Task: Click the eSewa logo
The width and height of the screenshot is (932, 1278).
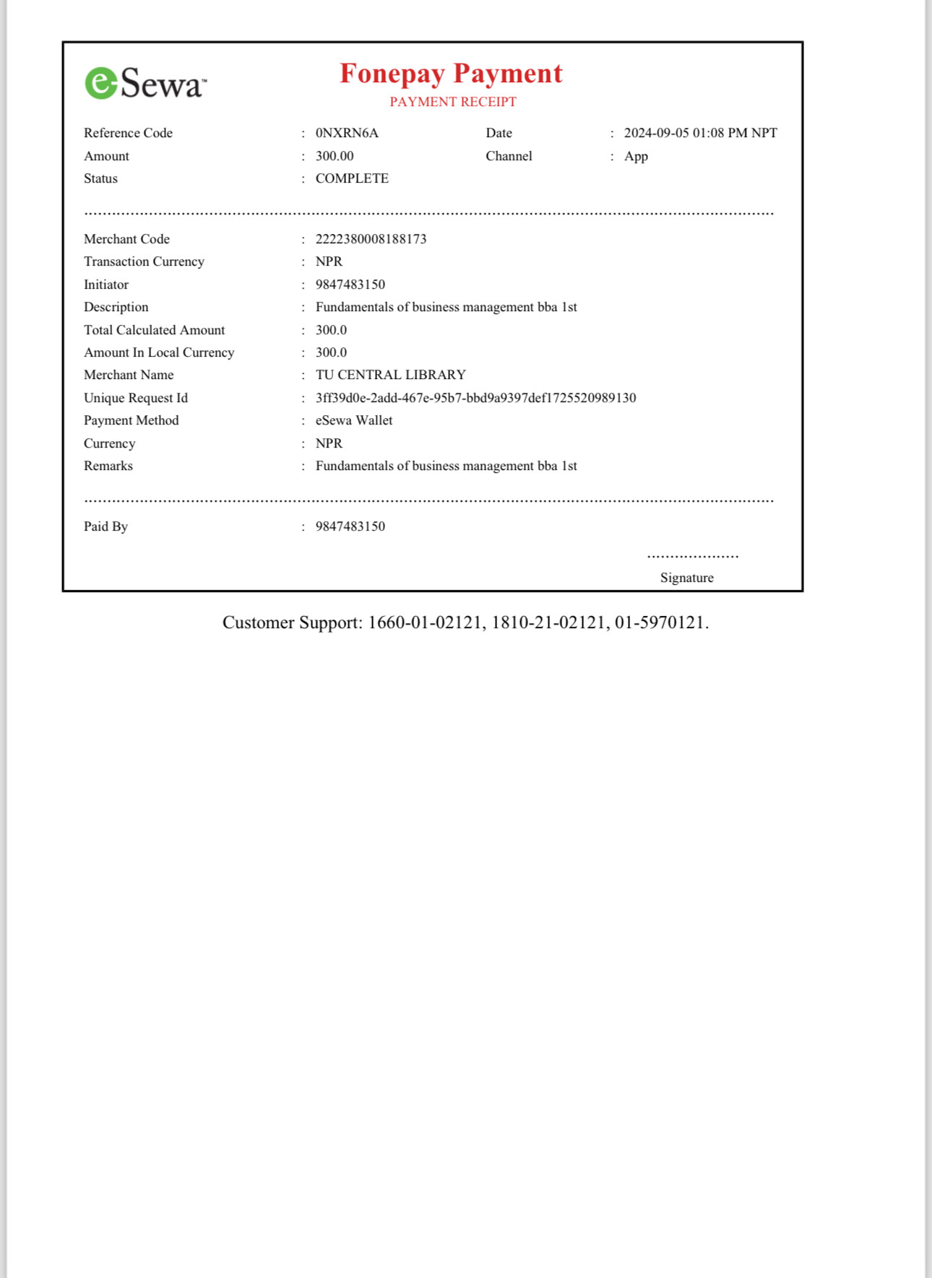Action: coord(145,83)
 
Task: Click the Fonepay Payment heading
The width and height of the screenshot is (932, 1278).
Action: coord(451,74)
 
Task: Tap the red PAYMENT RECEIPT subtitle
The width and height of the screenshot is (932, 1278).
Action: coord(453,102)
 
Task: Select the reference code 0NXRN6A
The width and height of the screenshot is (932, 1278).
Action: coord(347,133)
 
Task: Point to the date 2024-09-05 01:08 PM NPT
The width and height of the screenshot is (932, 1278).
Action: coord(700,133)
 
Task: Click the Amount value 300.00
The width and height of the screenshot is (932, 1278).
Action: coord(335,156)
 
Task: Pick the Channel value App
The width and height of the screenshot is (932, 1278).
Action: coord(636,156)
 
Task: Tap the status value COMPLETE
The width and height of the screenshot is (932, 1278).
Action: coord(352,178)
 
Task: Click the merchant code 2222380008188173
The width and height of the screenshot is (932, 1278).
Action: coord(371,239)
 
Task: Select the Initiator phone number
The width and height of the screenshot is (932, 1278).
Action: coord(350,284)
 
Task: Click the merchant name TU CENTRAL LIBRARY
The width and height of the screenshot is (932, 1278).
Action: coord(390,375)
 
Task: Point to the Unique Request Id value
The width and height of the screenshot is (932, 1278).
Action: coord(475,398)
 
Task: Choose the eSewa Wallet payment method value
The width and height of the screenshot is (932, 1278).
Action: coord(354,420)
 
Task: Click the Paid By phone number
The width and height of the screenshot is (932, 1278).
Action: coord(350,526)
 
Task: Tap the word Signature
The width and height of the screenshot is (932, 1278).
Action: coord(686,578)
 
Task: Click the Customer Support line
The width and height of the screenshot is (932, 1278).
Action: coord(465,622)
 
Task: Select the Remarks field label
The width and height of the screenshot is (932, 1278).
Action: coord(108,466)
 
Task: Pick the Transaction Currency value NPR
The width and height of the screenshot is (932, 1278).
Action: coord(329,261)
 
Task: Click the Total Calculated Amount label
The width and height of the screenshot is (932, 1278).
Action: coord(154,330)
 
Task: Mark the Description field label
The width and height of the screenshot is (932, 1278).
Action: coord(116,307)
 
